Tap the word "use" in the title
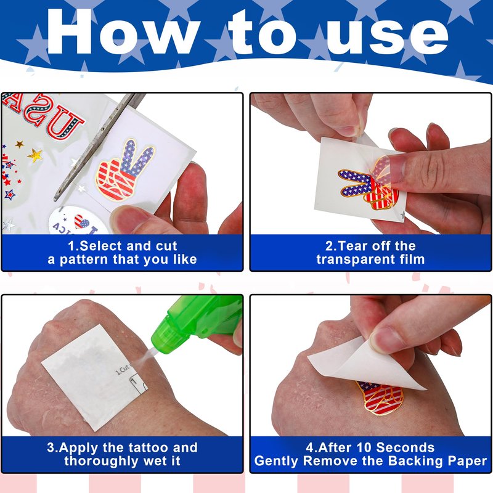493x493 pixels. coord(388,37)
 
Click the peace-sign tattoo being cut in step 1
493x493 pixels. coord(124,170)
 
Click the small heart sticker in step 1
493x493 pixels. coord(81,221)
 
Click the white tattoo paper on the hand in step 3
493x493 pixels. coord(95,377)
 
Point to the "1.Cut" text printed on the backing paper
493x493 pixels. coord(123,369)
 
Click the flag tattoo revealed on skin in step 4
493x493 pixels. coord(380,397)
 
